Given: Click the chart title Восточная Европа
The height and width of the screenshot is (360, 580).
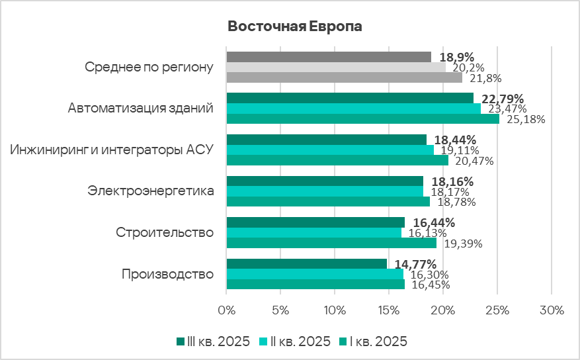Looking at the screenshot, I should (295, 26).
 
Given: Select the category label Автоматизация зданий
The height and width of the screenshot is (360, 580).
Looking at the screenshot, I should (140, 108).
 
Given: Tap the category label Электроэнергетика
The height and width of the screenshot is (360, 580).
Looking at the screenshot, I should (151, 191).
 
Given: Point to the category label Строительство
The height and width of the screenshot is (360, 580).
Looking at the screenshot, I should (165, 233).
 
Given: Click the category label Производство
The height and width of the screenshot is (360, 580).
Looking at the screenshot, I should (168, 274).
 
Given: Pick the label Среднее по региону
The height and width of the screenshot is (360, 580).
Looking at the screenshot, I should (149, 67).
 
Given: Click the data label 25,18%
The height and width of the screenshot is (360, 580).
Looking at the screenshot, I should (524, 120).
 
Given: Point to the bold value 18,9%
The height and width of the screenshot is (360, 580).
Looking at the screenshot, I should (457, 58).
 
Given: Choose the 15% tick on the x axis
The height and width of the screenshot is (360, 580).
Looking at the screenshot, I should (389, 310).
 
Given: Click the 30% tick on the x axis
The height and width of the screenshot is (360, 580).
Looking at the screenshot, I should (552, 310).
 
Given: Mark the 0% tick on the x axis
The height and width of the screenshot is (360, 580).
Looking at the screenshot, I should (226, 310).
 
